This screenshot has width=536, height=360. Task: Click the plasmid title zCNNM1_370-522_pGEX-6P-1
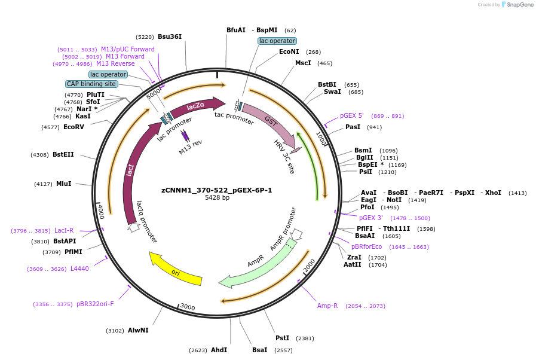coord(216,190)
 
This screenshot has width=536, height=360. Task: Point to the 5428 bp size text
coord(217,198)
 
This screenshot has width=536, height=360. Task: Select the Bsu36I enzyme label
coord(170,36)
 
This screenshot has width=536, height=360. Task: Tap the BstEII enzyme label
coord(63,154)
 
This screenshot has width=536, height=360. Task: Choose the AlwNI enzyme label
coord(138,330)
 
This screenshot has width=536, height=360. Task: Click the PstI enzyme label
coord(282,338)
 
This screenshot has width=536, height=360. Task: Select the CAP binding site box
coord(91,84)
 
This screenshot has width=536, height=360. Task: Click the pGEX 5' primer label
coord(352,115)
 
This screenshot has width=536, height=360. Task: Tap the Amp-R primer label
coord(327,306)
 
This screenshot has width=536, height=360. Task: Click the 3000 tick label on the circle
coord(188,307)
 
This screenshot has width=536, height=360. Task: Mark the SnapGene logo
coord(517,5)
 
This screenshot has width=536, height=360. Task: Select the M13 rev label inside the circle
coord(191,147)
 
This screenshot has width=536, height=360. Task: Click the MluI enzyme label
coord(63,184)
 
